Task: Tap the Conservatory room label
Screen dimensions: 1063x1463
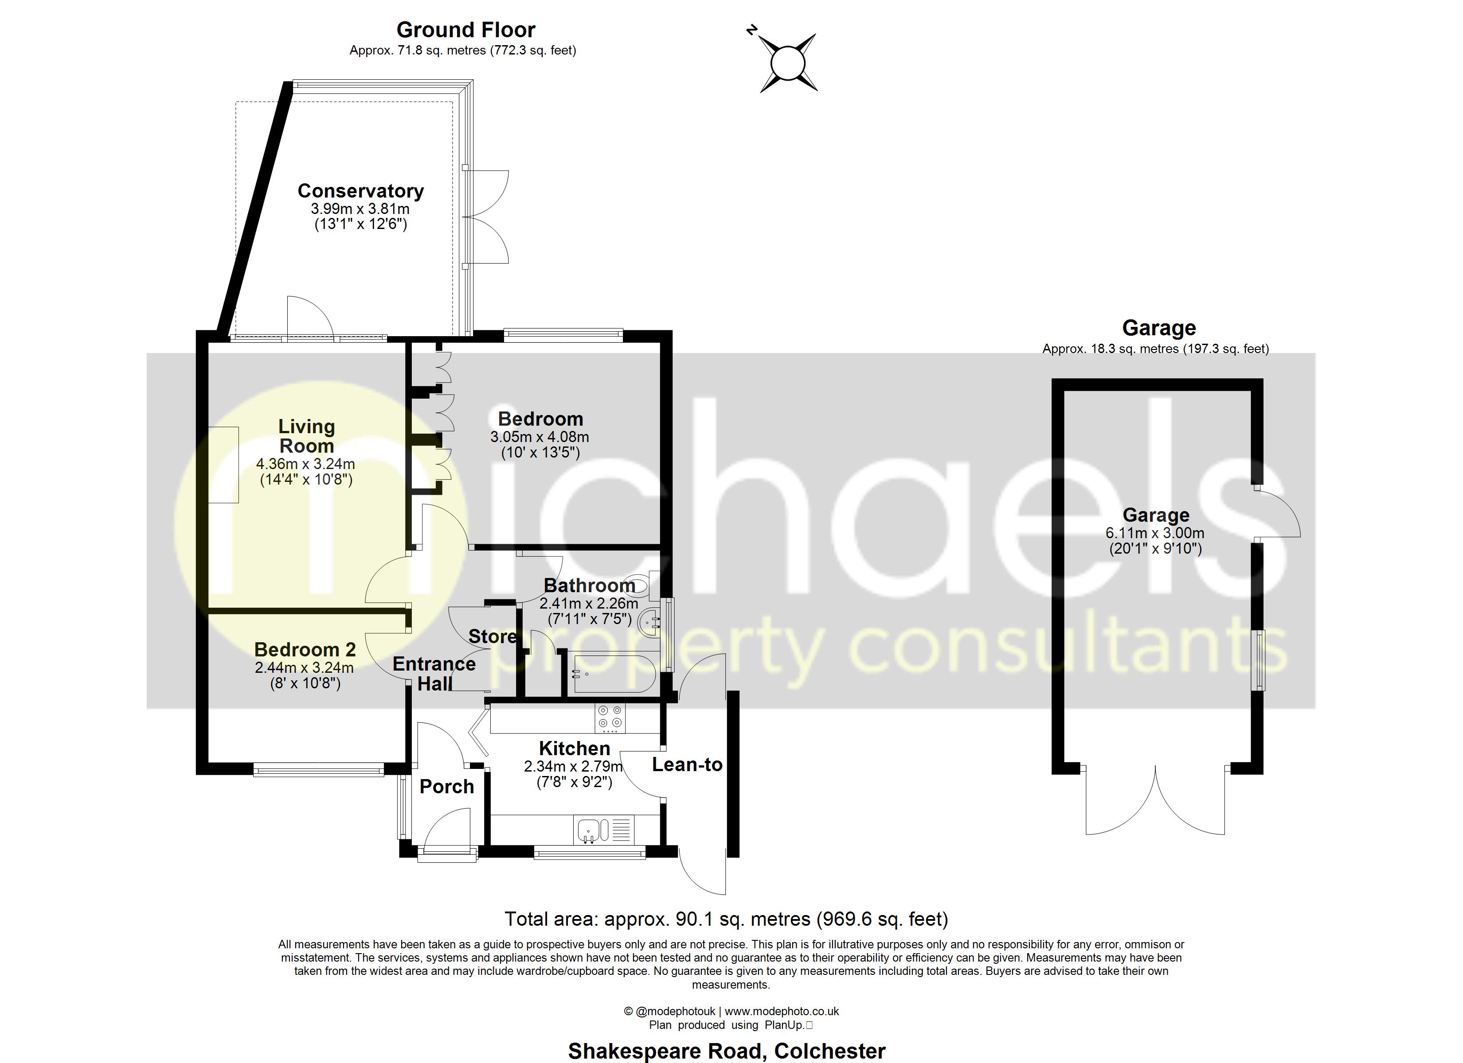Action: [x=360, y=191]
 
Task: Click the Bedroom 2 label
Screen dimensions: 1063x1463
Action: [x=305, y=649]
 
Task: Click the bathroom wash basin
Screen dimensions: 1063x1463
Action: [x=649, y=623]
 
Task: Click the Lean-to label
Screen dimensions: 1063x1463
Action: [x=687, y=764]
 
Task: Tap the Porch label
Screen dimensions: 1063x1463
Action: [x=446, y=787]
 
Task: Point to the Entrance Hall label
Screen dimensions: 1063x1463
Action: [x=434, y=673]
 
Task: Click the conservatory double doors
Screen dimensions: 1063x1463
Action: [x=487, y=217]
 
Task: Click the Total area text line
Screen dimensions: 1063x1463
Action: [x=726, y=919]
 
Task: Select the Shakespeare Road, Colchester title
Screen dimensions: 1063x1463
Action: [x=726, y=1051]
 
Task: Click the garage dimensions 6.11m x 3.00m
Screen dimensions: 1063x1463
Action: [x=1154, y=533]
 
